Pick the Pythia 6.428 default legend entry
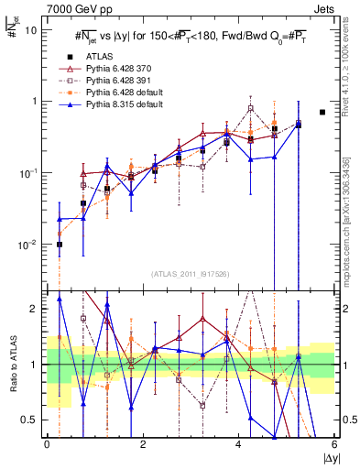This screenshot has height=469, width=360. tap(120, 93)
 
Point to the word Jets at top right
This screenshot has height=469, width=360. tap(324, 7)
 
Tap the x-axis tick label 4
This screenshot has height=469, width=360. tap(238, 446)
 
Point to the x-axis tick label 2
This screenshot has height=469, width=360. tap(143, 446)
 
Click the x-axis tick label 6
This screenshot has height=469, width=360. tap(333, 446)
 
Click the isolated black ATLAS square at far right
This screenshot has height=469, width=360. tap(322, 112)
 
